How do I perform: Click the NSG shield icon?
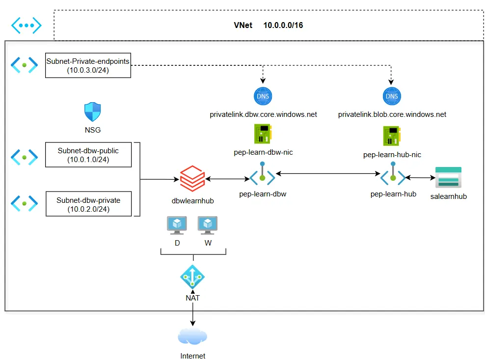92,112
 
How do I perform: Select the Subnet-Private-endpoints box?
88,65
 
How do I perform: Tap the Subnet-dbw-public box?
88,155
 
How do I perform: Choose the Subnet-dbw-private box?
89,204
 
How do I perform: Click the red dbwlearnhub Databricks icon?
192,179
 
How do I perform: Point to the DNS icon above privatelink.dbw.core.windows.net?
263,96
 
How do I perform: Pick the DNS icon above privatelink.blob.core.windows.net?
392,96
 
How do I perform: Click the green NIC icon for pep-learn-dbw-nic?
263,134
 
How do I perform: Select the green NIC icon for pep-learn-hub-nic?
392,136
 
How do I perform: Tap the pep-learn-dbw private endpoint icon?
262,174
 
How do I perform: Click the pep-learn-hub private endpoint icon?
393,174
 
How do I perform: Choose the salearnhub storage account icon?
448,177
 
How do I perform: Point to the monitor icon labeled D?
177,225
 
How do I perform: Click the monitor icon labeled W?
208,225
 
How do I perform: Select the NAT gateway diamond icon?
192,277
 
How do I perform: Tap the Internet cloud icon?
192,336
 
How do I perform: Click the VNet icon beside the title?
27,25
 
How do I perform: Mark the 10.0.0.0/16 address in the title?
283,26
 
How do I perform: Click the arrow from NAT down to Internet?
193,314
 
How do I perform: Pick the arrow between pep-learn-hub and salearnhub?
420,178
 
